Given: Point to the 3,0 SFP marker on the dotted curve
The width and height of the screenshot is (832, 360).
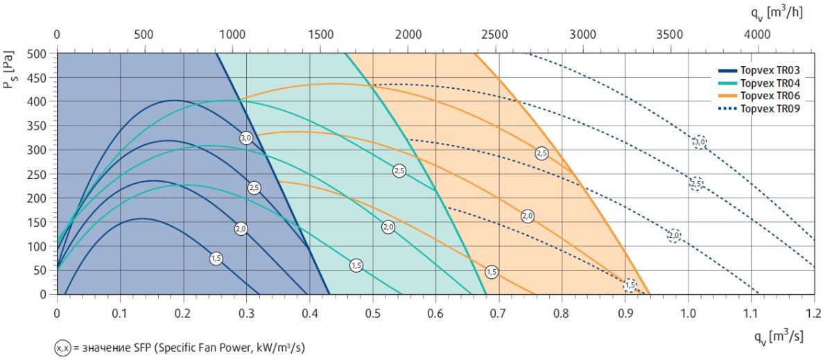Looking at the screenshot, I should [700, 142].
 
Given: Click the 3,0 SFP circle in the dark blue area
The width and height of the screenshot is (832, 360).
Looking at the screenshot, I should [246, 138].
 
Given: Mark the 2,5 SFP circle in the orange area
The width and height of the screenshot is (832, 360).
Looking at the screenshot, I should [541, 153].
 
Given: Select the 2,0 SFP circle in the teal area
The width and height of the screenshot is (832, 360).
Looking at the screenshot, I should [388, 227].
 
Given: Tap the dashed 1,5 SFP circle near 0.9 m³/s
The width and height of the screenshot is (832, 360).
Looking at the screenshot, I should [630, 285].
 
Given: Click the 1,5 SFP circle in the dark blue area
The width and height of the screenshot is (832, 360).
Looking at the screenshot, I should [216, 259].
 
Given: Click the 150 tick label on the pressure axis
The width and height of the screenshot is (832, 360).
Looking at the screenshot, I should [39, 222].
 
